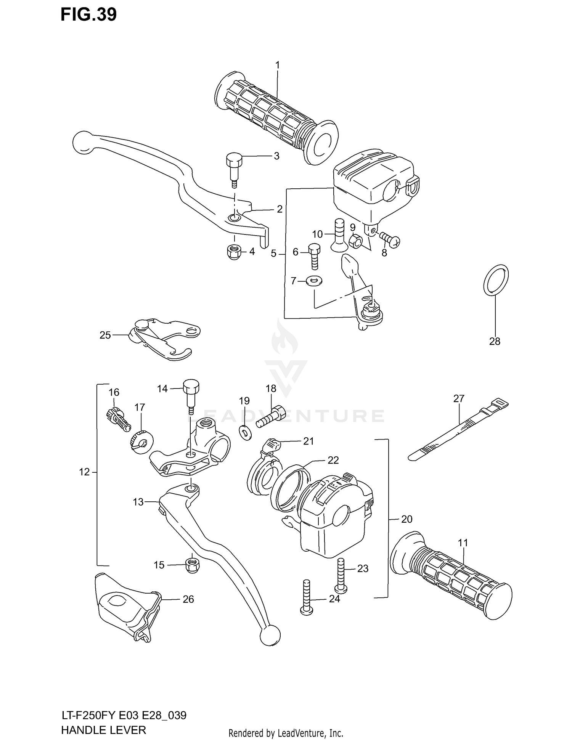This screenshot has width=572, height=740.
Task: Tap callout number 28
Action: [x=495, y=341]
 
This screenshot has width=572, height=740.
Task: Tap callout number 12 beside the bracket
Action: [x=84, y=472]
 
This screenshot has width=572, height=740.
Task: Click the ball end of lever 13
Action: [x=270, y=636]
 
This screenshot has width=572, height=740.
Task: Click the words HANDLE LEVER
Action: [x=103, y=730]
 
